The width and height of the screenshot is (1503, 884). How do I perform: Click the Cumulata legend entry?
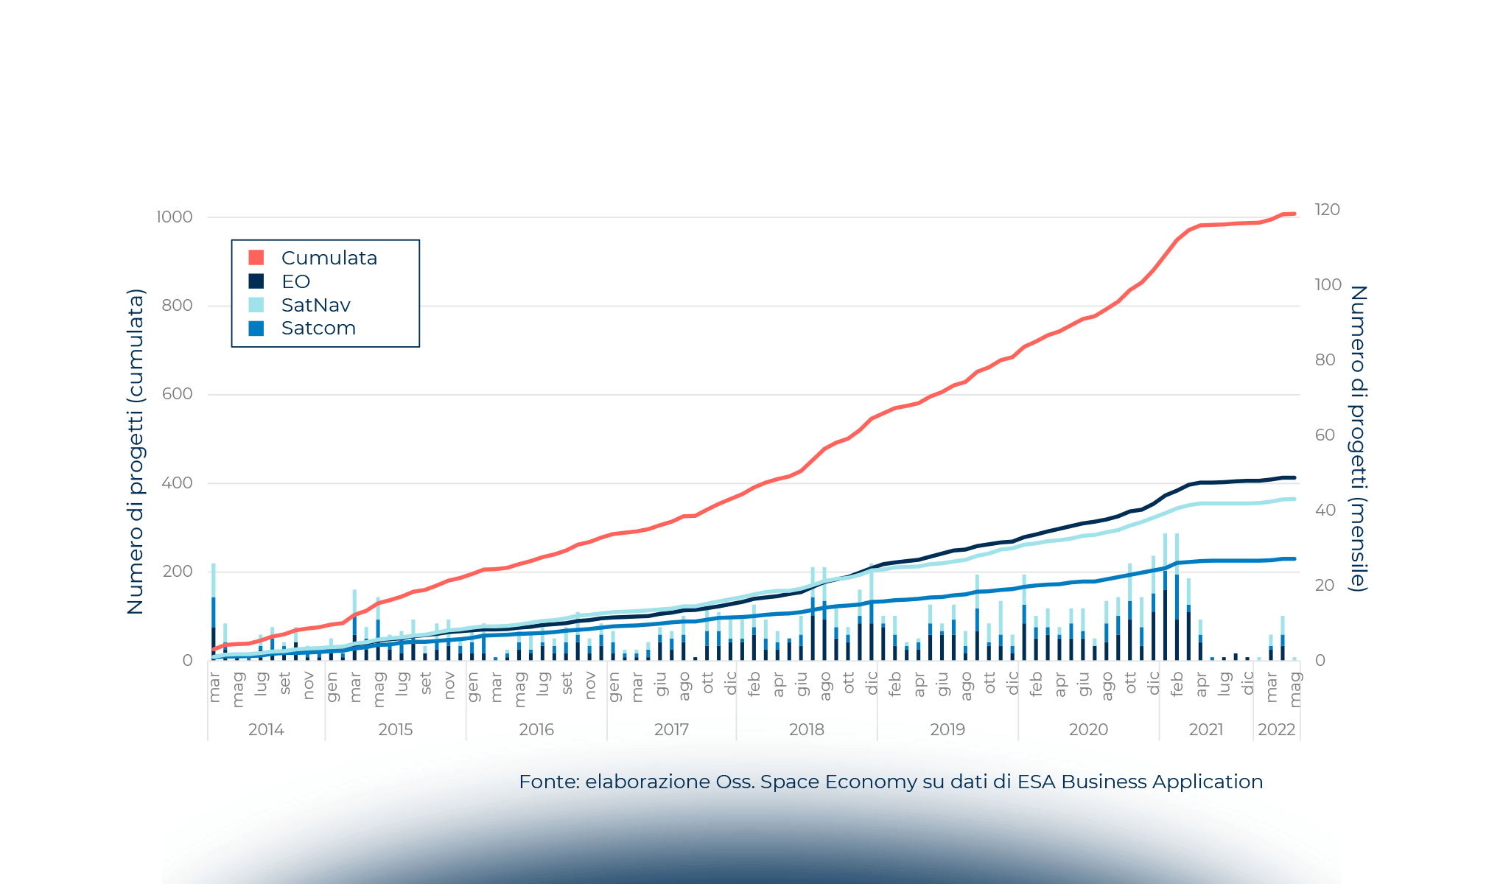pos(329,258)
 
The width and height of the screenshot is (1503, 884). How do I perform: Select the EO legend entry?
pos(295,281)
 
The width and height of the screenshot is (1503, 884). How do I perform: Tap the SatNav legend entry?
pos(315,305)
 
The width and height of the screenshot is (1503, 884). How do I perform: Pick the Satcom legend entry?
pos(318,328)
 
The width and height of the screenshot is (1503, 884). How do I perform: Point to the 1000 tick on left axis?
pos(174,217)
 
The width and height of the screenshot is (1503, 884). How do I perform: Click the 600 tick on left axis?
pos(177,394)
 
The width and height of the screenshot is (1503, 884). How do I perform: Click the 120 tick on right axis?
pos(1327,210)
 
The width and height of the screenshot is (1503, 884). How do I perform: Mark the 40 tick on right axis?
pos(1325,510)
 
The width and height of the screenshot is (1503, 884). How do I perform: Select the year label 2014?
pos(266,729)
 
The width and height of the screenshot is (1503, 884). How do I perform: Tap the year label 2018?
pos(806,729)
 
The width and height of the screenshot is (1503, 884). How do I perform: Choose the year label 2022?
pos(1276,729)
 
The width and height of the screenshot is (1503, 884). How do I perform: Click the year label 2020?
pos(1088,729)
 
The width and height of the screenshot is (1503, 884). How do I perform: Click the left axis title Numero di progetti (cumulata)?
pos(136,452)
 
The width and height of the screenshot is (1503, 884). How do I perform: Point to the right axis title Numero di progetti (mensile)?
pos(1358,438)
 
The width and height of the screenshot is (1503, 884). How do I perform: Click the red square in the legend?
pos(256,258)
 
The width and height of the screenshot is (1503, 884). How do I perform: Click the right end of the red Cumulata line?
pos(1294,214)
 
